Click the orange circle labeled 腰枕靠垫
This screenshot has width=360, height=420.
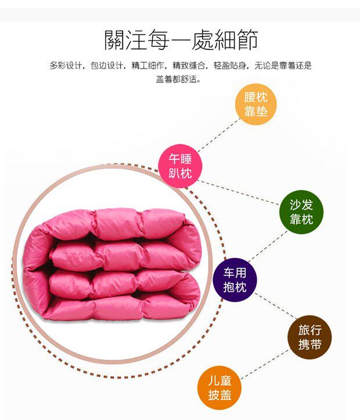(255, 105)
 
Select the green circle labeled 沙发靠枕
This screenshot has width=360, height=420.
(301, 212)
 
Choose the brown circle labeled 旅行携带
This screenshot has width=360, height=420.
(309, 337)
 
